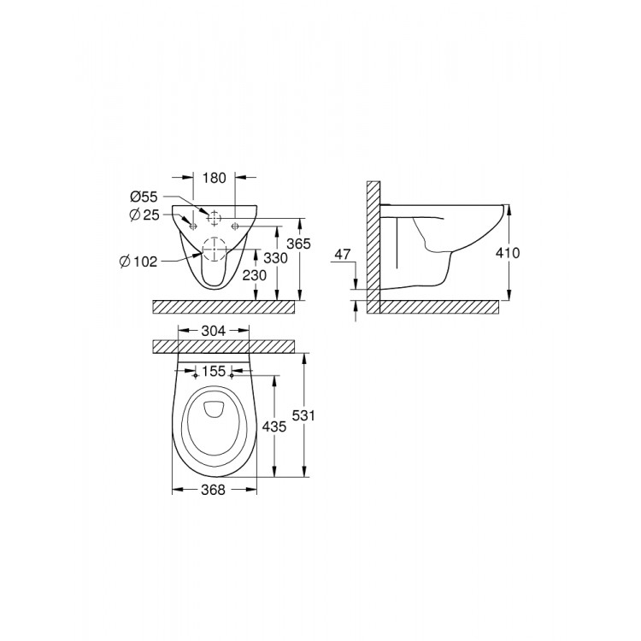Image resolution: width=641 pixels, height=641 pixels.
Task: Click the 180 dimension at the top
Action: coord(215,178)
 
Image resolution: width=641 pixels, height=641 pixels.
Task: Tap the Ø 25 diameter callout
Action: coord(146,214)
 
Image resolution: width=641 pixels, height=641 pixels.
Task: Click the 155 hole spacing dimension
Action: coord(215,373)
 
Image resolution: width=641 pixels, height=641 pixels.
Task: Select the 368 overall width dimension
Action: coord(214,490)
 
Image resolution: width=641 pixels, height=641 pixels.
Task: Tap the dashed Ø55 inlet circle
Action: coord(215,217)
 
